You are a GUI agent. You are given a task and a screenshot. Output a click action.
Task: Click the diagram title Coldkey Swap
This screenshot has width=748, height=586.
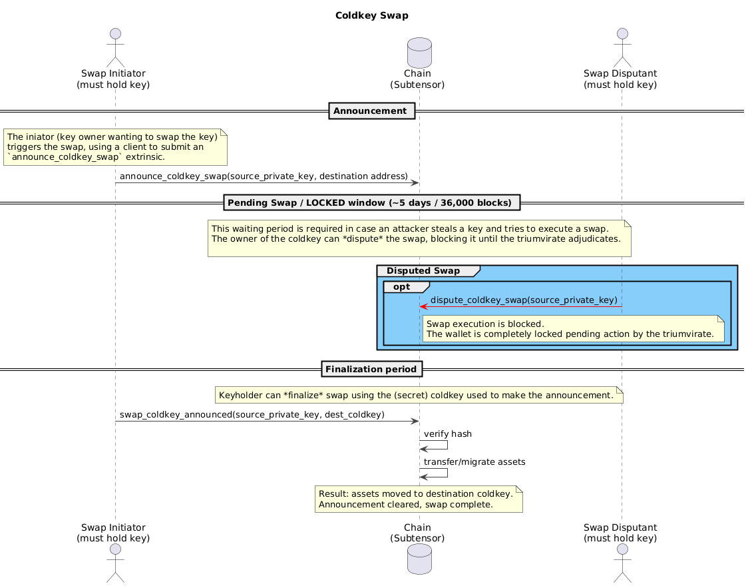(x=371, y=15)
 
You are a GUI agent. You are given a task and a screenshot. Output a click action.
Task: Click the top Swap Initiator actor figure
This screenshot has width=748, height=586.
(x=115, y=47)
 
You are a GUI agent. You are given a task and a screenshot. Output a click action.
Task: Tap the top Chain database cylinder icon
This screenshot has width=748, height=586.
(x=419, y=50)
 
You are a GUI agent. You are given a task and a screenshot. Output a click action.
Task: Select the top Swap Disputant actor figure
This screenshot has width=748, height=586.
(x=621, y=47)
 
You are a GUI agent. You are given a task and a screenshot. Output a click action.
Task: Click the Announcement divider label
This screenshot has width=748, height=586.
(x=371, y=111)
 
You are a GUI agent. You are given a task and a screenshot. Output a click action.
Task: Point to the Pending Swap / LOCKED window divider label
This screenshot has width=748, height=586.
(x=371, y=202)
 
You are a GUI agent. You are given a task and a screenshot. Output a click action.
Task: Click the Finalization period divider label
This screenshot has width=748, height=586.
(x=371, y=369)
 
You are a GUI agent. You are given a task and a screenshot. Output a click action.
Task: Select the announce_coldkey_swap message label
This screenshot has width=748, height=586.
(x=264, y=176)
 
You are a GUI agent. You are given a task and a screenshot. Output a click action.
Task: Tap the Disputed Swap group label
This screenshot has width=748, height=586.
(x=423, y=271)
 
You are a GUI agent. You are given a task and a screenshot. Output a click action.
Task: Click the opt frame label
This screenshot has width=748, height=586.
(x=401, y=287)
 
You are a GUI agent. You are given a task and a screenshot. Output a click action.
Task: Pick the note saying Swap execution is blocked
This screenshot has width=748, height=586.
(x=573, y=329)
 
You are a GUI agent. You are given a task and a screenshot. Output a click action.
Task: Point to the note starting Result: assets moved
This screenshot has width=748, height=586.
(x=419, y=499)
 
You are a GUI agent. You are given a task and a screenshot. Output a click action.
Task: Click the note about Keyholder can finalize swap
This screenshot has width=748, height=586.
(x=418, y=396)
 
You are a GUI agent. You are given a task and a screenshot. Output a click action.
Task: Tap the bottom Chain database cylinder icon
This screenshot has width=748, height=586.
(x=419, y=558)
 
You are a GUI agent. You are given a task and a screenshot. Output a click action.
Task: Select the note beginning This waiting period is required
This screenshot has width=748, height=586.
(x=419, y=238)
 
